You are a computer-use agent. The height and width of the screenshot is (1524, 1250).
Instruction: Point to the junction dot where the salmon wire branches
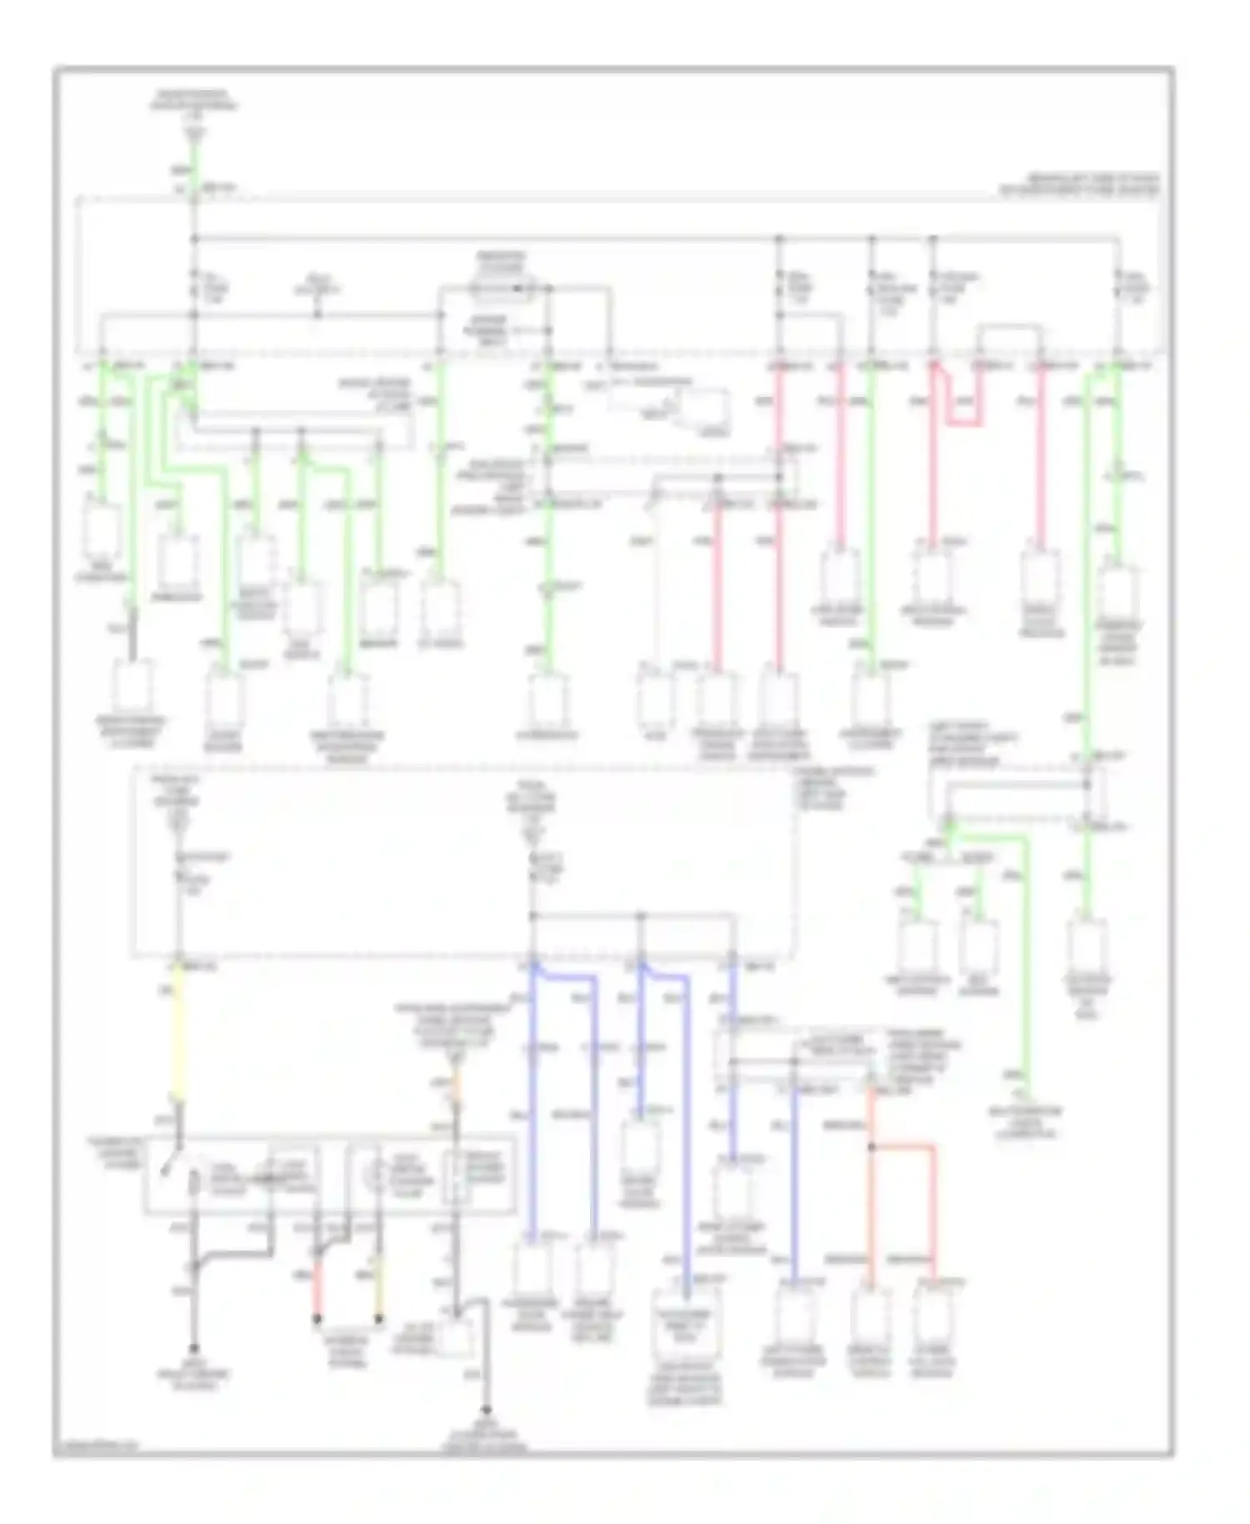(x=872, y=1147)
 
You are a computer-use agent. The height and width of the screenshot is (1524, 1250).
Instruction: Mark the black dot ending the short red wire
(x=317, y=1319)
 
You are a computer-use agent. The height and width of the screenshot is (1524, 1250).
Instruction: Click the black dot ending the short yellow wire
(x=378, y=1319)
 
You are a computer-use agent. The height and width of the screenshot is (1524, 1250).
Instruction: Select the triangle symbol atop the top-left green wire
(x=194, y=133)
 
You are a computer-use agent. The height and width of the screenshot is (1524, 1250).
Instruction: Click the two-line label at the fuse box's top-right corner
(x=1083, y=184)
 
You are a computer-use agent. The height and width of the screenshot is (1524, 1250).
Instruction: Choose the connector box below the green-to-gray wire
(x=132, y=687)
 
